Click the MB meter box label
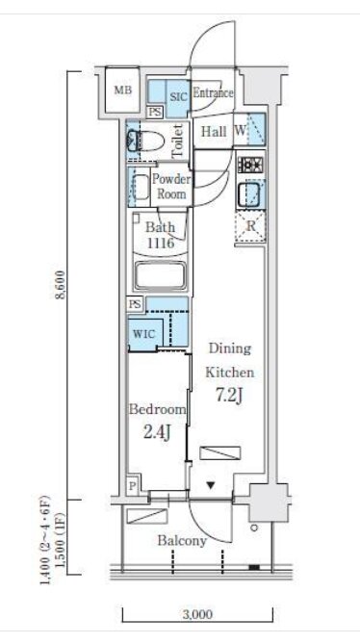123,90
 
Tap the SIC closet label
179,96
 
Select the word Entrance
213,92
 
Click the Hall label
214,132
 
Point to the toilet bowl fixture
145,142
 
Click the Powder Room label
171,186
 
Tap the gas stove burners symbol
251,166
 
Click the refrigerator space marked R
250,226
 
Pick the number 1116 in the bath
160,243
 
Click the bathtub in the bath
162,276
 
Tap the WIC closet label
144,334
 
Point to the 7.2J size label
229,395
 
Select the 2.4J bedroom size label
157,432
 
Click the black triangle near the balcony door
211,486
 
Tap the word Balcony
182,541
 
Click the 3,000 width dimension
197,614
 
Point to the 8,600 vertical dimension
61,285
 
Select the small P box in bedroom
132,487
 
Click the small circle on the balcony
254,528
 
